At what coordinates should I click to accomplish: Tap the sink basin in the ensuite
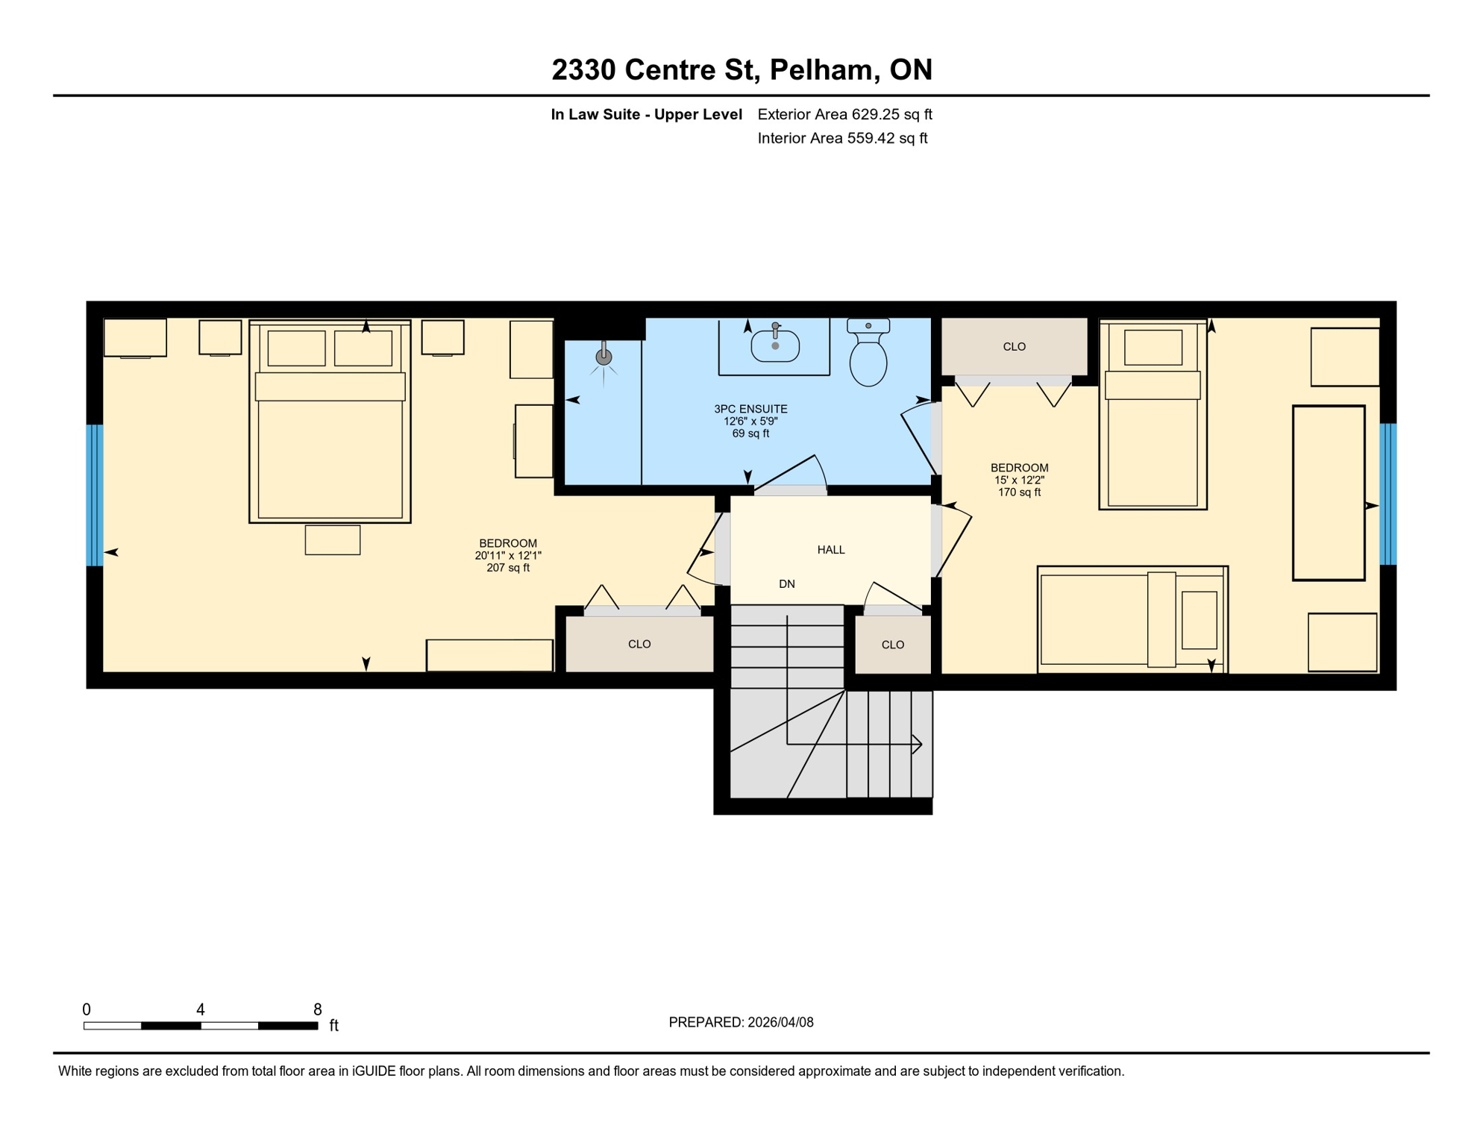[x=775, y=346]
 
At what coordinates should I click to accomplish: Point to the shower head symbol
[x=603, y=357]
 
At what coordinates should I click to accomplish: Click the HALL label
[x=830, y=550]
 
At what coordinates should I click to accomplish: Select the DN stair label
[x=786, y=584]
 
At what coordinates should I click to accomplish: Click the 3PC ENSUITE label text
[x=750, y=409]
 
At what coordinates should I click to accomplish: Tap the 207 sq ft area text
[x=508, y=568]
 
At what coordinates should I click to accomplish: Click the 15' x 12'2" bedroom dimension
[x=1019, y=480]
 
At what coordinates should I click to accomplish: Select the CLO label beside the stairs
[x=892, y=645]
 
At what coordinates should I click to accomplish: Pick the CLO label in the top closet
[x=1014, y=347]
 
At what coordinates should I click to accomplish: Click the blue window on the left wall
[x=95, y=495]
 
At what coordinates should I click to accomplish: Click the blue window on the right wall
[x=1388, y=494]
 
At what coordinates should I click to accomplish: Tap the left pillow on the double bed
[x=296, y=348]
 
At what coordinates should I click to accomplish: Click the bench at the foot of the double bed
[x=333, y=540]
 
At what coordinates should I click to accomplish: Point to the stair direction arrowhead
[x=918, y=744]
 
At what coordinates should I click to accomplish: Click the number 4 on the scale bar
[x=201, y=1009]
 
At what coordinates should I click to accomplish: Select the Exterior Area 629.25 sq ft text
[x=844, y=114]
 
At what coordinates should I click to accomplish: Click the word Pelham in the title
[x=820, y=69]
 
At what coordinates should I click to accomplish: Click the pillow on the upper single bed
[x=1153, y=348]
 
